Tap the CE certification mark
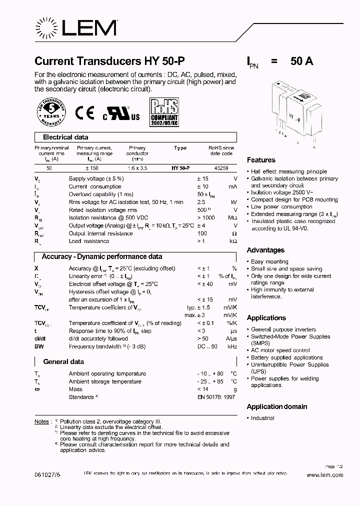click(x=84, y=113)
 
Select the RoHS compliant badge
click(x=163, y=113)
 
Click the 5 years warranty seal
click(x=51, y=112)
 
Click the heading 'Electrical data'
click(x=65, y=137)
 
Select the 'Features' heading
click(x=261, y=160)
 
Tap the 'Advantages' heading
click(x=265, y=250)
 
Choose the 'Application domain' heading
click(x=277, y=406)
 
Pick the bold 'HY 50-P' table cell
click(x=180, y=168)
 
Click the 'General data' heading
click(x=63, y=361)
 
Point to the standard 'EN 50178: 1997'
click(x=216, y=397)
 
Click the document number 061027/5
click(x=47, y=475)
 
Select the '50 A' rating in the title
click(x=301, y=61)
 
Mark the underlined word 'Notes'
click(x=41, y=421)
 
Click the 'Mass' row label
click(x=75, y=389)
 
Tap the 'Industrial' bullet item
click(x=262, y=418)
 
